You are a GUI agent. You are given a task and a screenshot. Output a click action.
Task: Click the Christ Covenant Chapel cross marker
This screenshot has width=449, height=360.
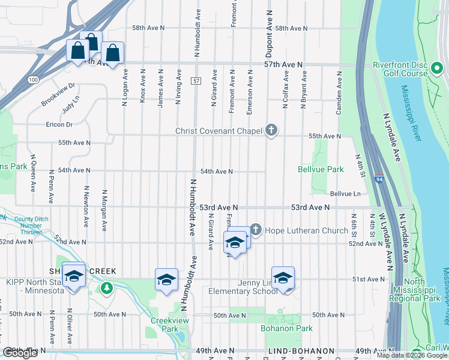[x=271, y=130]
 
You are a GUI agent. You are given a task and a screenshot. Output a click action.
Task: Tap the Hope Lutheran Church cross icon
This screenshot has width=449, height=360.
[x=256, y=230]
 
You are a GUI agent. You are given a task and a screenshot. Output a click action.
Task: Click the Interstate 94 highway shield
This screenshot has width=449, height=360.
[x=379, y=178]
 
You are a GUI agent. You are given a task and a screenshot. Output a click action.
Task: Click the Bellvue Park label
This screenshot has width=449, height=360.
[x=321, y=170]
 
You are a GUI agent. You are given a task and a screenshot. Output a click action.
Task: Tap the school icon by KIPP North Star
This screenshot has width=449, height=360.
[x=74, y=276]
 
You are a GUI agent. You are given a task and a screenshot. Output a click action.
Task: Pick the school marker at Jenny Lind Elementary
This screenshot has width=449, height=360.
[x=283, y=278]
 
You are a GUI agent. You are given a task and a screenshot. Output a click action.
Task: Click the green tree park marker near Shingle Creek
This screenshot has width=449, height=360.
[x=107, y=288]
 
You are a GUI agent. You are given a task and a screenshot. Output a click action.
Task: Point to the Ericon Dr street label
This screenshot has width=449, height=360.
[x=59, y=125]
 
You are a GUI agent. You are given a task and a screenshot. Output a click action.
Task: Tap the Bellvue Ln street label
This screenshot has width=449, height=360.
[x=345, y=194]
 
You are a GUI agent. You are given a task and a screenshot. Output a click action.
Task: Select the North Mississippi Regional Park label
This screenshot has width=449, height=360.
[x=423, y=290]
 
